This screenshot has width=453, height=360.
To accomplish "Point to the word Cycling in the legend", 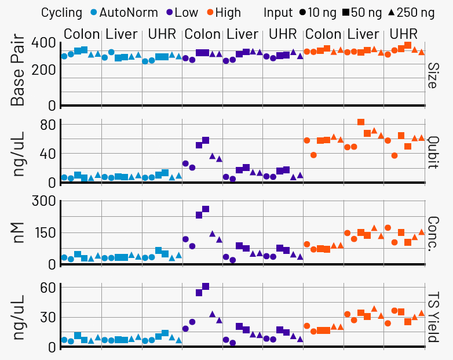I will [61, 12].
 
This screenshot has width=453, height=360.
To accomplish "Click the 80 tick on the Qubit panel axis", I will [47, 125].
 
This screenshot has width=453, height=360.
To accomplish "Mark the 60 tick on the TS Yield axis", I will [47, 288].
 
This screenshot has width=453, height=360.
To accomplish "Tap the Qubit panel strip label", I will [433, 151].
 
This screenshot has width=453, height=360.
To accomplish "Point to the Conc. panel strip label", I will [433, 232].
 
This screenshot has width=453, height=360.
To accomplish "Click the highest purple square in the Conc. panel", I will [206, 209].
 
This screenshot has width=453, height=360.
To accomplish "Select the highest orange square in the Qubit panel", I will [361, 122].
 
